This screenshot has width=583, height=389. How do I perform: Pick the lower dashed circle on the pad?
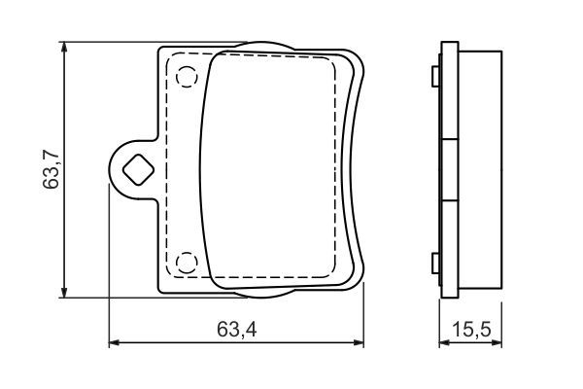[x=186, y=262]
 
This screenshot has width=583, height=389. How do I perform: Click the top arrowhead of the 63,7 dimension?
[x=65, y=47]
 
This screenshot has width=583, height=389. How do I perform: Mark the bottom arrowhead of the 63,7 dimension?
[x=65, y=294]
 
